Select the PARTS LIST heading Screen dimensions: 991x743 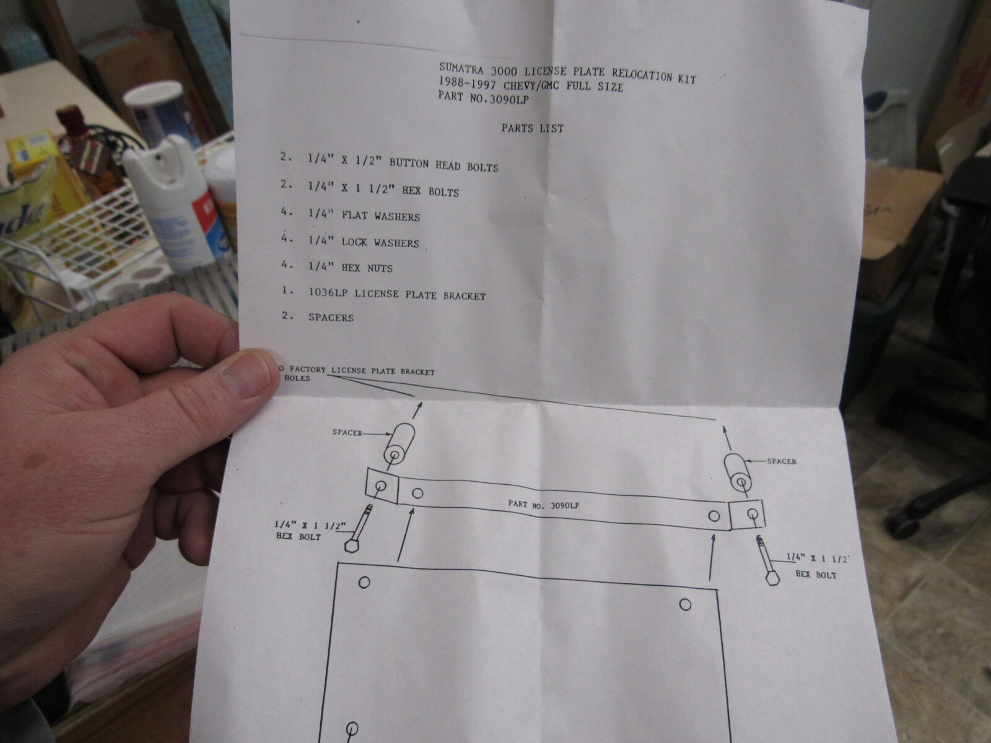532,129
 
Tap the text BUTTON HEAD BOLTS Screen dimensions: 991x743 444,165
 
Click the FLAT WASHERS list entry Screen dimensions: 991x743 380,216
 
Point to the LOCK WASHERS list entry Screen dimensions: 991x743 380,243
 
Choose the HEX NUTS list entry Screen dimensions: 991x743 367,268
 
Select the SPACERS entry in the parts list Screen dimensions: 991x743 331,318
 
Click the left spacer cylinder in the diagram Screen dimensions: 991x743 399,444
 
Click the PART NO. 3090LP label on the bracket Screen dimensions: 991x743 544,505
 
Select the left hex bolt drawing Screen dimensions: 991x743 359,528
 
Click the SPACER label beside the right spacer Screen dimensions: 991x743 782,461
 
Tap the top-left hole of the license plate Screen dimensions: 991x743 364,583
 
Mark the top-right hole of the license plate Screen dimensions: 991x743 685,604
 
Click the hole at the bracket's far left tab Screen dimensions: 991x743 381,486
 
